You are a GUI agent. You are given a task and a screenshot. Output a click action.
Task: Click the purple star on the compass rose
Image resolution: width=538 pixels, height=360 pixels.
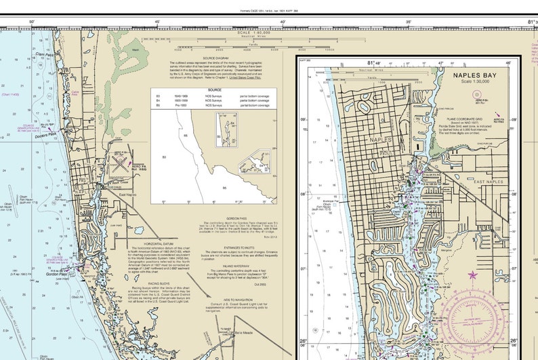472,275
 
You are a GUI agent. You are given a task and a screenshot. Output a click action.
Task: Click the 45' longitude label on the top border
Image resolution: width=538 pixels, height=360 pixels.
158,22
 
